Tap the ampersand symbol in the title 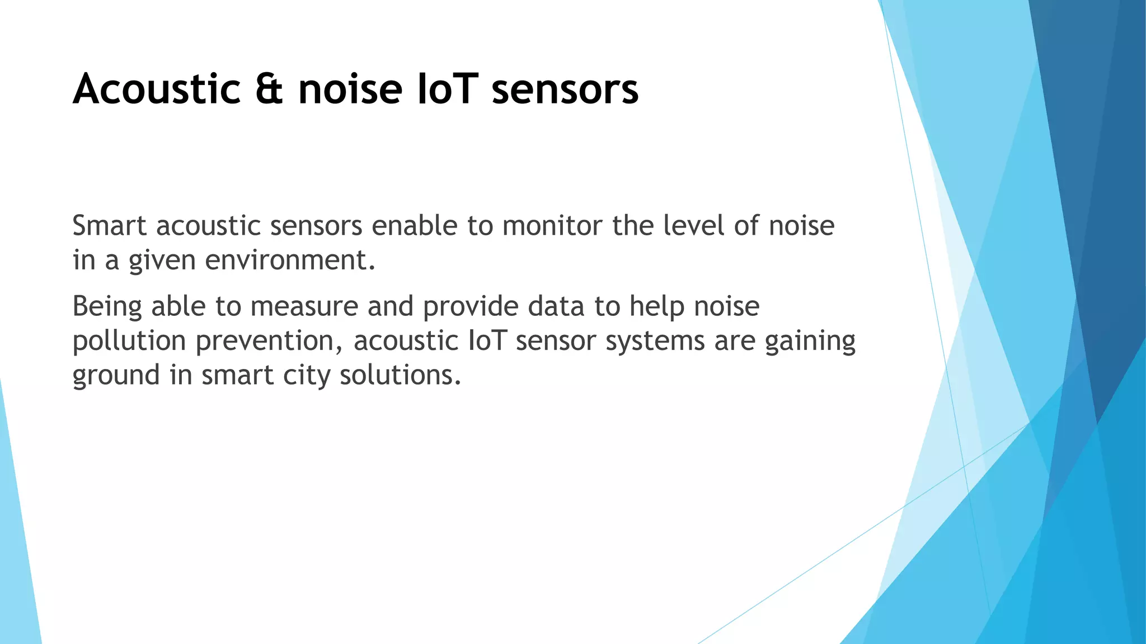(269, 89)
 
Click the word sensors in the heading (565, 89)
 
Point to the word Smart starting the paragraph (110, 226)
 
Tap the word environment (290, 261)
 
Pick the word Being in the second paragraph (107, 307)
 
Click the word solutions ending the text (400, 375)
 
